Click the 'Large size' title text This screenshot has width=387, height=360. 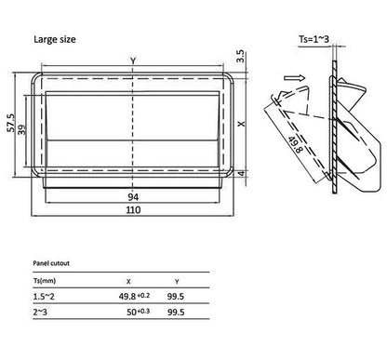(x=55, y=40)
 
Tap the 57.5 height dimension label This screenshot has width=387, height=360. (x=11, y=123)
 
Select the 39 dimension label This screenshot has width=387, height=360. (x=21, y=129)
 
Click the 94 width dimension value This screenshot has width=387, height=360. (x=133, y=197)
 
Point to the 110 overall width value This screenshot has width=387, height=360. (x=133, y=210)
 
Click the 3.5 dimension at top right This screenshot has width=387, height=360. (x=241, y=56)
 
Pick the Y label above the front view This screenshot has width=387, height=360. (x=133, y=60)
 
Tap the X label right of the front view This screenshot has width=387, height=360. (x=241, y=124)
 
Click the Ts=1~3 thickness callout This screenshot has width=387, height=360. (x=314, y=39)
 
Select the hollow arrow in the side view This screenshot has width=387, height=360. (x=295, y=78)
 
